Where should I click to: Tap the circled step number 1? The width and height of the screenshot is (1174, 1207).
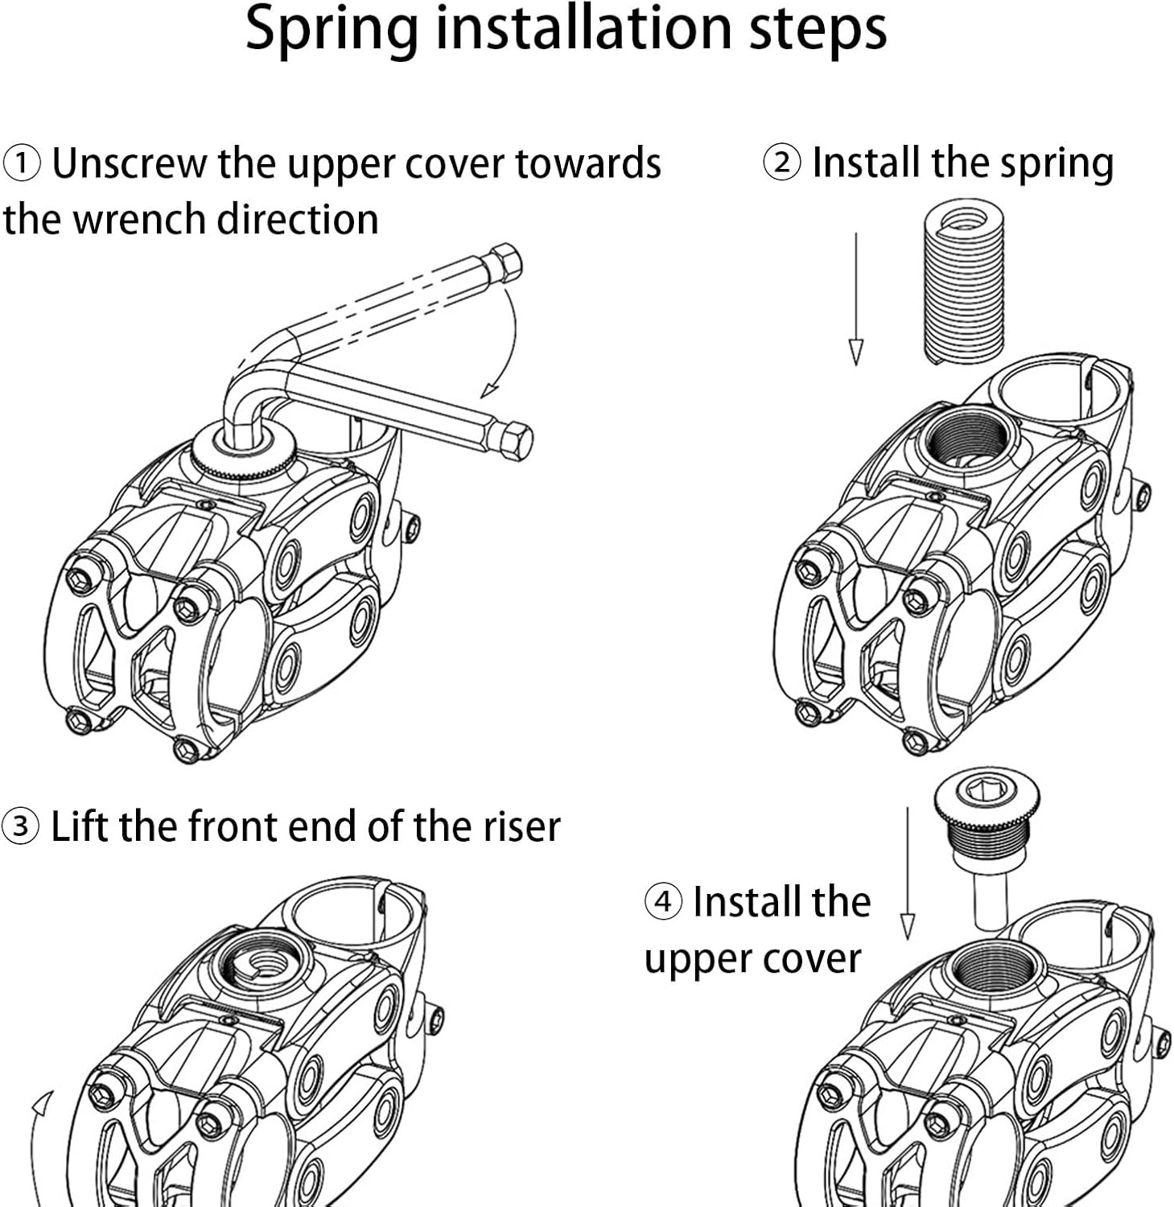pyautogui.click(x=22, y=163)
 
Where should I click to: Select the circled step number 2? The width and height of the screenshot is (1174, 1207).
pyautogui.click(x=781, y=163)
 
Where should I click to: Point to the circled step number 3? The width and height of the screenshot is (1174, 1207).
pyautogui.click(x=20, y=826)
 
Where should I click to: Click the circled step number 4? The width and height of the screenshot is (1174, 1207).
pyautogui.click(x=663, y=901)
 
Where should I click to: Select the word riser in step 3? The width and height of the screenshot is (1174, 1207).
pyautogui.click(x=521, y=826)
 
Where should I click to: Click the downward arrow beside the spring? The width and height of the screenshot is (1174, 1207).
pyautogui.click(x=856, y=299)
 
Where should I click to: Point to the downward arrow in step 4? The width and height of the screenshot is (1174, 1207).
pyautogui.click(x=907, y=874)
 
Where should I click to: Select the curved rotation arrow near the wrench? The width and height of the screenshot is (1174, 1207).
pyautogui.click(x=503, y=346)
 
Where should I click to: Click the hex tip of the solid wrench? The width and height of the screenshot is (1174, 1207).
pyautogui.click(x=516, y=439)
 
